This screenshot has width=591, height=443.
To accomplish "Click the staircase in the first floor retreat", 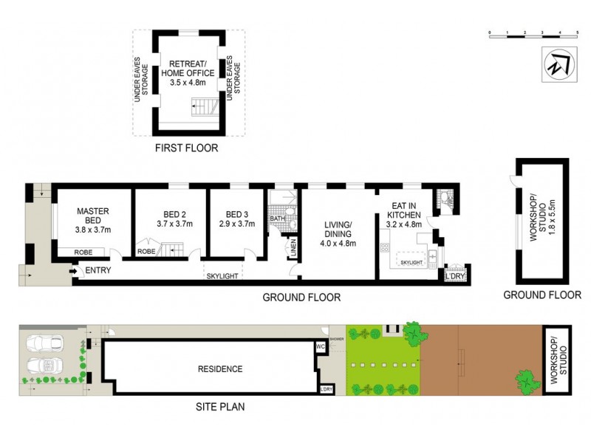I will (203, 109).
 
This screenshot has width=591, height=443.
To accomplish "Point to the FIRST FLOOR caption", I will (186, 148).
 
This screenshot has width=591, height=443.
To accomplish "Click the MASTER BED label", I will (93, 216).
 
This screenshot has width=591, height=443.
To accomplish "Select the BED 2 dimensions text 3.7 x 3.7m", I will (174, 224).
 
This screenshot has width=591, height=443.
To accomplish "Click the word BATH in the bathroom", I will (277, 219).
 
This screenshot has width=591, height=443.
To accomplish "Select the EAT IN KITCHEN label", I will (402, 209).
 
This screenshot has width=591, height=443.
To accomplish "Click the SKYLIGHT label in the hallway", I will (222, 275).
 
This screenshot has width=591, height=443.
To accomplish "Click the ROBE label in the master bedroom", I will (83, 252).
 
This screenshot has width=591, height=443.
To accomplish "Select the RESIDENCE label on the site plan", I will (219, 369).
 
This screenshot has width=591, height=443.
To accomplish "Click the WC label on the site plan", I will (320, 345).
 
